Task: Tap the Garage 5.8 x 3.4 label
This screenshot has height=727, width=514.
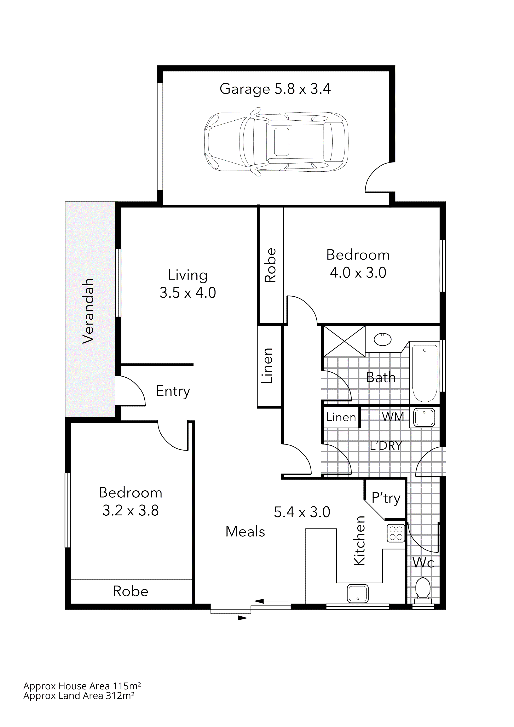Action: [x=275, y=89]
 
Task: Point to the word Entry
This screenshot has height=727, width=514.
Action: [x=173, y=391]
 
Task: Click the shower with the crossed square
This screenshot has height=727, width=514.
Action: [x=344, y=341]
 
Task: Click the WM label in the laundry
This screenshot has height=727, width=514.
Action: [x=393, y=417]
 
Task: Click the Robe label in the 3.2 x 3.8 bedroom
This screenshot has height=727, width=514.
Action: [x=131, y=591]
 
